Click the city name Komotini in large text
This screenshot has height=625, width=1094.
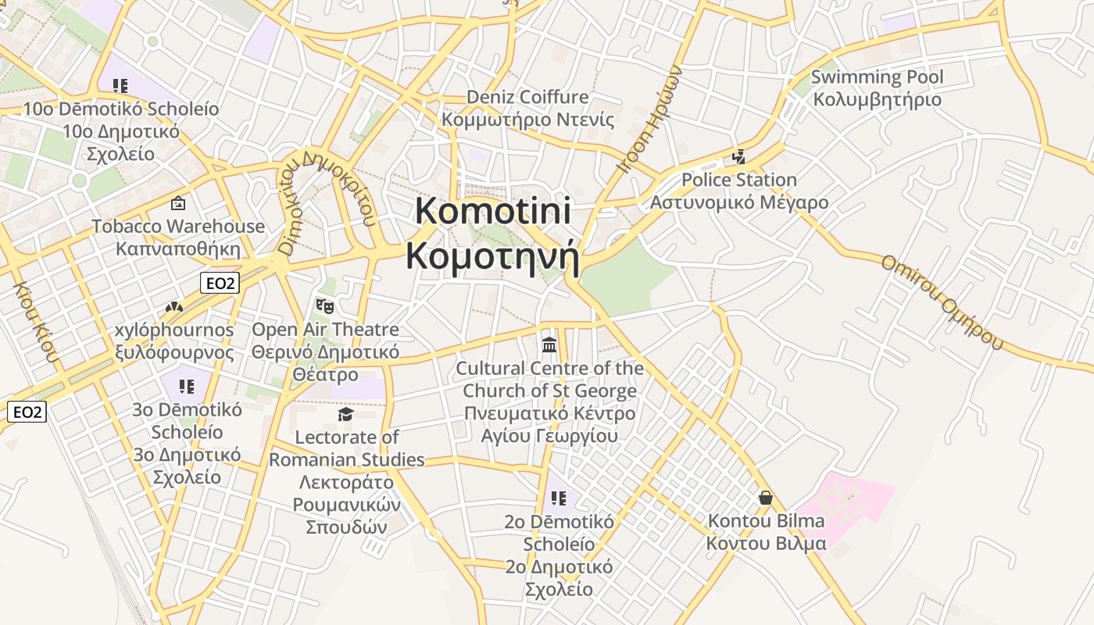pyautogui.click(x=493, y=212)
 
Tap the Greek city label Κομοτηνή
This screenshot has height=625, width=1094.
pyautogui.click(x=493, y=255)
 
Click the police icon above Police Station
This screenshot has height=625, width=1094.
pyautogui.click(x=738, y=157)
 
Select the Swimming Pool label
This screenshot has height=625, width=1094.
pyautogui.click(x=877, y=77)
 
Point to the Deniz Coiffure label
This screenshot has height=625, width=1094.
pyautogui.click(x=527, y=98)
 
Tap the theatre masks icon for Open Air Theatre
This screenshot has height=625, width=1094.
pyautogui.click(x=324, y=305)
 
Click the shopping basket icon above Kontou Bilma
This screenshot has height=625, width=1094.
pyautogui.click(x=766, y=498)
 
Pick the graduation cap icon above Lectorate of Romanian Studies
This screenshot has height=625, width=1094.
pyautogui.click(x=346, y=414)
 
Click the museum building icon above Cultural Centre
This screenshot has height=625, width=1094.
pyautogui.click(x=549, y=345)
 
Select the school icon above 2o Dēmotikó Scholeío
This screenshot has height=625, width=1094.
pyautogui.click(x=558, y=498)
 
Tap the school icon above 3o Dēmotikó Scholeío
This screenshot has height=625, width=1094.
pyautogui.click(x=186, y=386)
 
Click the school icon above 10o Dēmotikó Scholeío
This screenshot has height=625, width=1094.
pyautogui.click(x=120, y=85)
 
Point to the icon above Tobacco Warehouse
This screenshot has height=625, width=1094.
pyautogui.click(x=178, y=204)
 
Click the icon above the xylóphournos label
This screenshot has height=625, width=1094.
pyautogui.click(x=173, y=308)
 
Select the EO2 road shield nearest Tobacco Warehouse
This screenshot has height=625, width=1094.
pyautogui.click(x=219, y=283)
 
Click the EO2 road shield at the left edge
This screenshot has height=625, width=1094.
pyautogui.click(x=27, y=412)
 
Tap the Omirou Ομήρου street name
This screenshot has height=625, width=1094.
pyautogui.click(x=942, y=302)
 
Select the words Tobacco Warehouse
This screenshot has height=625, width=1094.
pyautogui.click(x=178, y=227)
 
